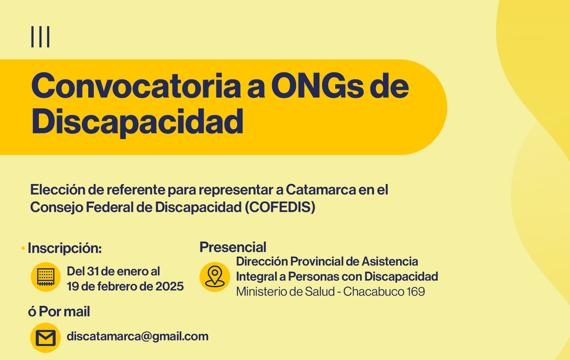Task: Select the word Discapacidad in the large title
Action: click(x=137, y=122)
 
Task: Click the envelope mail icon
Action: click(x=46, y=338)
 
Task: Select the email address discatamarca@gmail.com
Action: click(x=138, y=336)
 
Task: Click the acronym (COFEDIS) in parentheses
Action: click(x=280, y=207)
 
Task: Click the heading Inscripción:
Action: click(x=65, y=248)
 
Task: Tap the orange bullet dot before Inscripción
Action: click(x=23, y=248)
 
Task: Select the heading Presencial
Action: click(x=233, y=247)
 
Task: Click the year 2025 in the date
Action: click(x=170, y=286)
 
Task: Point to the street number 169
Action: click(x=416, y=291)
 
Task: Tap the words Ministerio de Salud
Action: click(x=285, y=291)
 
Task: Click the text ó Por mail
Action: click(x=59, y=311)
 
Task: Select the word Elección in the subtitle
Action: click(x=58, y=190)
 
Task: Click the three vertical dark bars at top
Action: click(x=40, y=37)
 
